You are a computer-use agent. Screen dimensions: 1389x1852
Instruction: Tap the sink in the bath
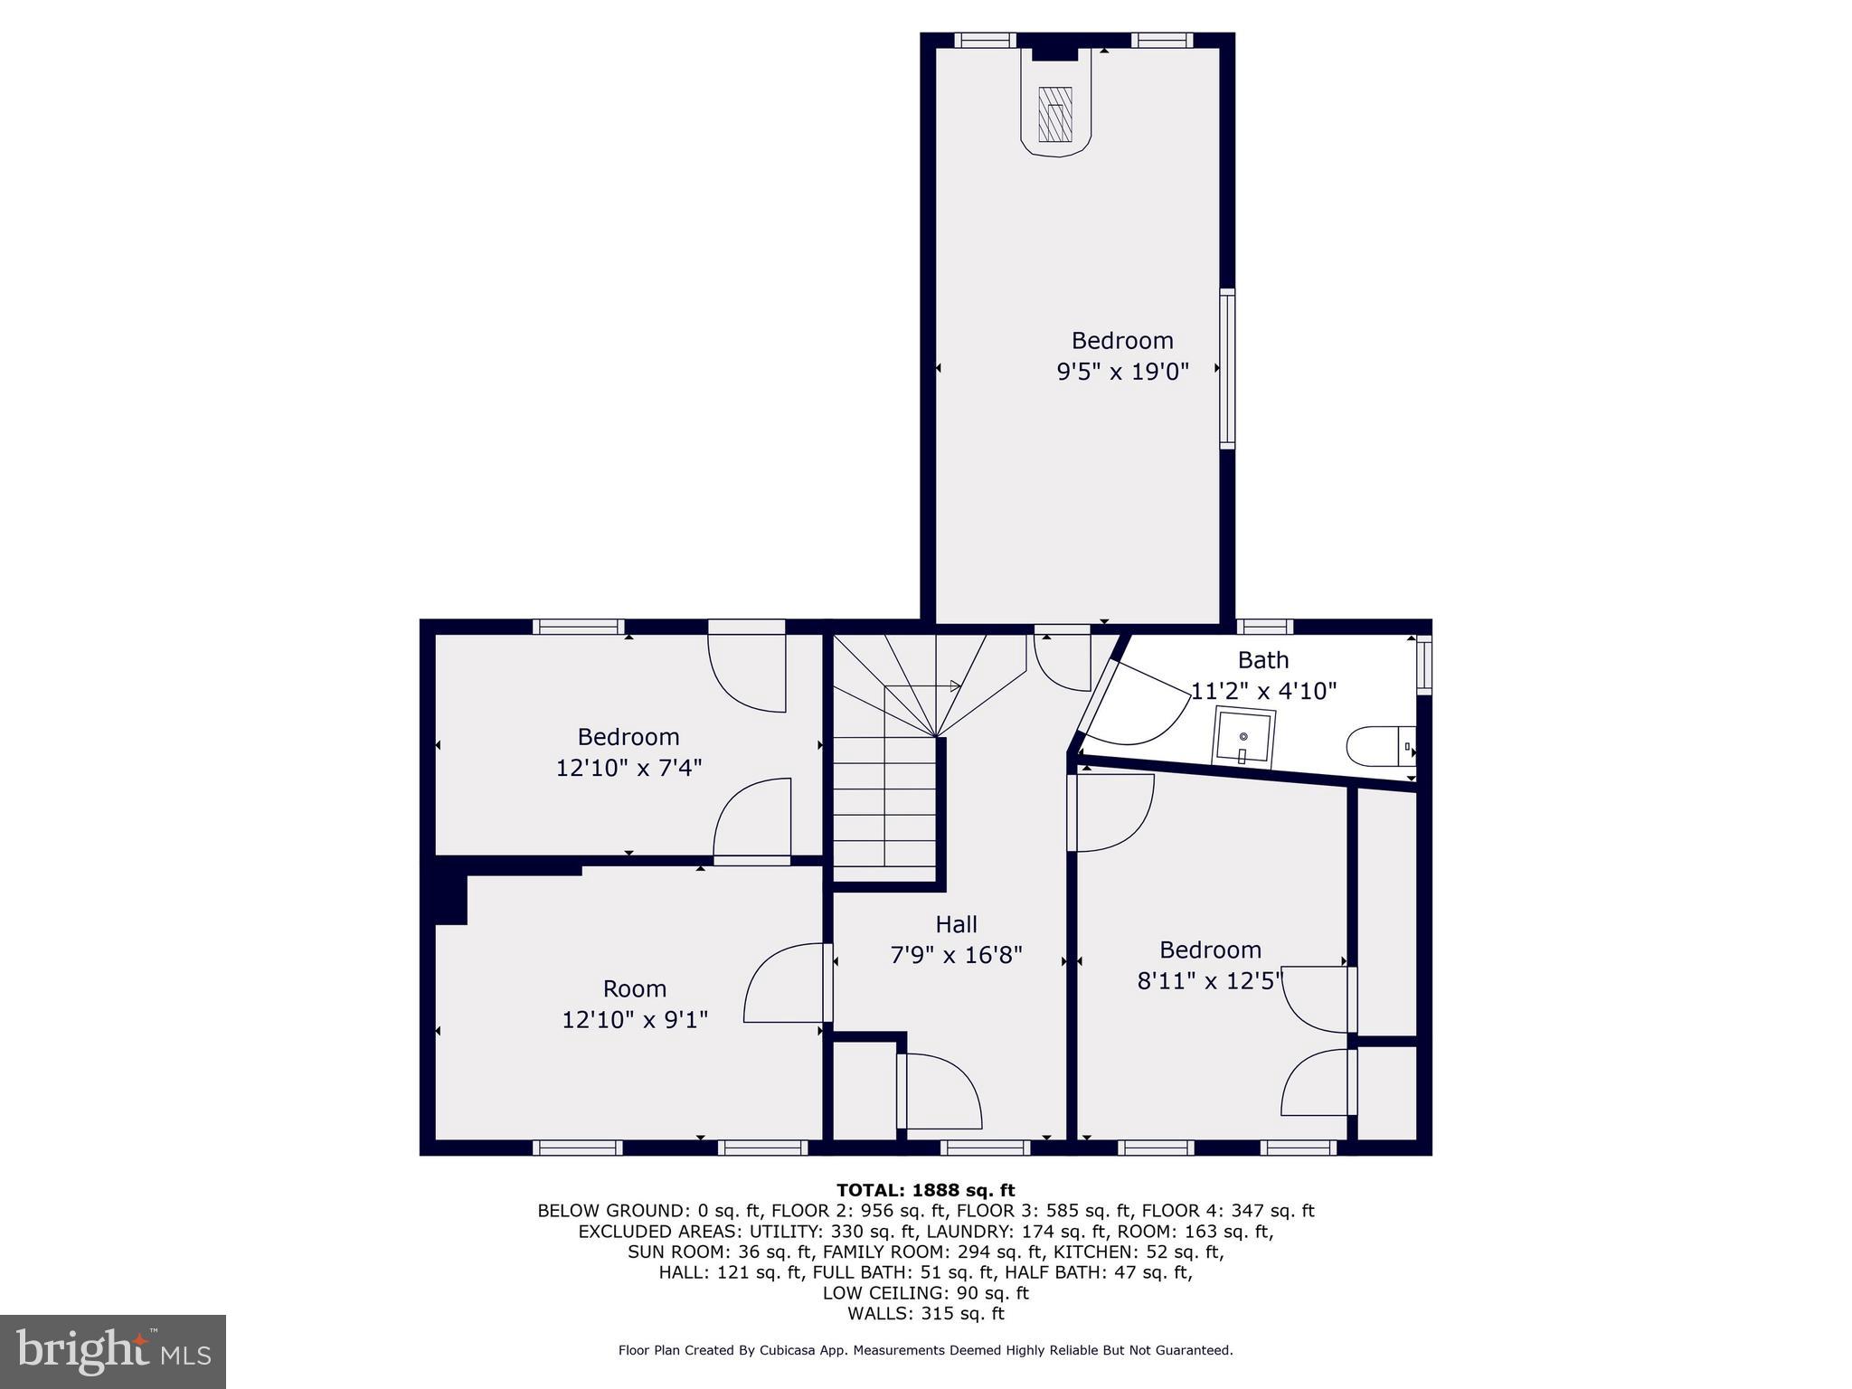pos(1245,736)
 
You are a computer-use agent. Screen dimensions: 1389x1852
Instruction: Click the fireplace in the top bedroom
pos(1055,113)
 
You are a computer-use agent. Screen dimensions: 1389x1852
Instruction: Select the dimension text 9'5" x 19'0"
pos(1122,371)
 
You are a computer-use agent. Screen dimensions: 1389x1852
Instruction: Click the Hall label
pos(956,924)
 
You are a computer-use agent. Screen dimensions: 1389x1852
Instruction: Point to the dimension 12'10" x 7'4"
pos(628,768)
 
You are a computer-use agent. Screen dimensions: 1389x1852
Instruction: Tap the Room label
pos(634,988)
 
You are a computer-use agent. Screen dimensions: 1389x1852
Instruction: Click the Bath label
pos(1262,660)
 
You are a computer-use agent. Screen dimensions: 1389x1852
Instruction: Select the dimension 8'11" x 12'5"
pos(1210,980)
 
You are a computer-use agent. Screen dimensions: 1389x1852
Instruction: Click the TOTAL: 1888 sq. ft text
pos(925,1190)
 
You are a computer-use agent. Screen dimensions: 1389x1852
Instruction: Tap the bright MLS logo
pos(113,1351)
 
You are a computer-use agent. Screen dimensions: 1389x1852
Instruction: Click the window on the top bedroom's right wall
pos(1227,368)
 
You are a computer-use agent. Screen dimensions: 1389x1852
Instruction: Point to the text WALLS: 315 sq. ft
pos(925,1313)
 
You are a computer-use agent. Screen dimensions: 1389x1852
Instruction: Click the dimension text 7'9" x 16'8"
pos(956,955)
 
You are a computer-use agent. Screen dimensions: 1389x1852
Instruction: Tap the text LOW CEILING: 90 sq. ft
pos(925,1292)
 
